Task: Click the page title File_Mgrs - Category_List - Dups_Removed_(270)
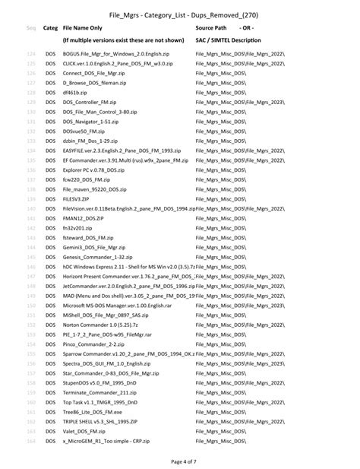coord(179,14)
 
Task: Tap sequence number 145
coord(31,266)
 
